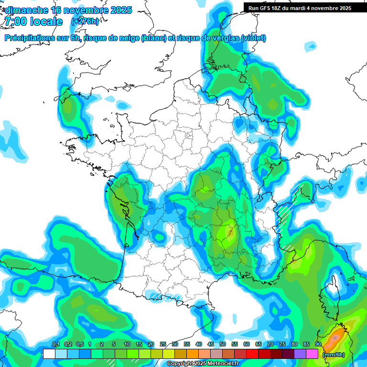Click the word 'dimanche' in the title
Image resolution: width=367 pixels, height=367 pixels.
click(x=26, y=10)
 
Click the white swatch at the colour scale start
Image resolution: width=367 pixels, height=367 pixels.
click(x=49, y=354)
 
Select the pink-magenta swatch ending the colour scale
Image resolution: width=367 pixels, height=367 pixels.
click(x=312, y=354)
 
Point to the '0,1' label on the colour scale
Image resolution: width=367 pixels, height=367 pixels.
click(x=55, y=345)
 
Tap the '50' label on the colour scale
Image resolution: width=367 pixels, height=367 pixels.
click(x=223, y=345)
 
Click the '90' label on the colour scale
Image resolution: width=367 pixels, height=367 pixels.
click(x=318, y=345)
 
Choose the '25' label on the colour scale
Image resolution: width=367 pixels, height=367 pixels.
click(x=163, y=345)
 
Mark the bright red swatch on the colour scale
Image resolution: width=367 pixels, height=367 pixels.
click(x=252, y=354)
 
